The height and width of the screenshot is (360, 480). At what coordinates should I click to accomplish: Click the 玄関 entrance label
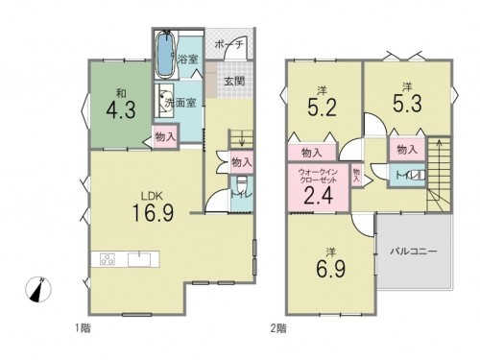tap(234, 81)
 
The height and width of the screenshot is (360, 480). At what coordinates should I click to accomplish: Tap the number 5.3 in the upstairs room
tap(404, 102)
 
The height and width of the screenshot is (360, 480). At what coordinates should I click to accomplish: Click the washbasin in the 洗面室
tap(164, 99)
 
